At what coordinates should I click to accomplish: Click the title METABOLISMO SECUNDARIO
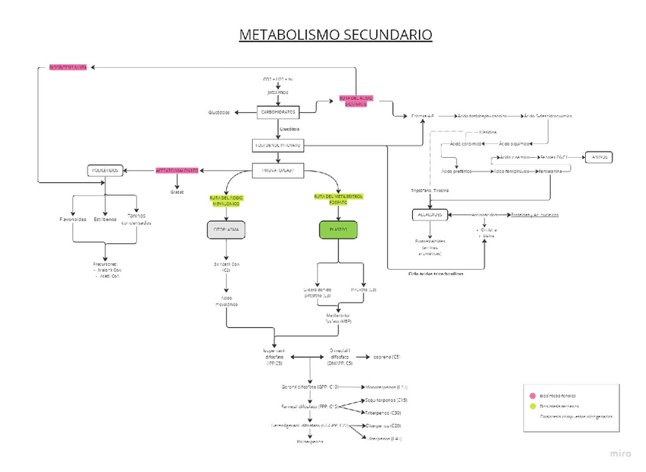(x=335, y=35)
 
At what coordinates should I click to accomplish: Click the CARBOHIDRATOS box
(x=278, y=112)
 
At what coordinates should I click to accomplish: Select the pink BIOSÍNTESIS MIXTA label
(x=68, y=67)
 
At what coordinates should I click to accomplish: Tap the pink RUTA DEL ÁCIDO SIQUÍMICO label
(x=356, y=101)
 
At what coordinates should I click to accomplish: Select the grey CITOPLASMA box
(x=229, y=229)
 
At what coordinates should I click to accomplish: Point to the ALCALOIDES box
(x=427, y=216)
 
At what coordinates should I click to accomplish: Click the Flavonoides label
(x=74, y=219)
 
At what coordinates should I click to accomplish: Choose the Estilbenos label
(x=105, y=219)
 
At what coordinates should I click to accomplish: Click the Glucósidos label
(x=219, y=113)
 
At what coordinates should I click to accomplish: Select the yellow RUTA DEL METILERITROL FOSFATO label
(x=338, y=199)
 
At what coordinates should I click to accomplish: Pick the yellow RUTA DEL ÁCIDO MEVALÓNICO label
(x=229, y=201)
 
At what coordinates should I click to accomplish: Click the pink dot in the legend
(x=532, y=396)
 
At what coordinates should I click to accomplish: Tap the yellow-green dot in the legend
(x=532, y=406)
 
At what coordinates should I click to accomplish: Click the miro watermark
(x=621, y=454)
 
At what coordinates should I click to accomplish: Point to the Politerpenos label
(x=310, y=441)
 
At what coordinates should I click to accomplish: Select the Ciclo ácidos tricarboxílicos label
(x=436, y=272)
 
